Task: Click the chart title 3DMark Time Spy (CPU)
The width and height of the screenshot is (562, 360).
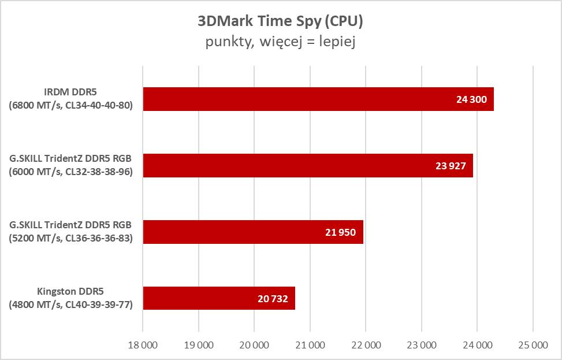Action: [280, 21]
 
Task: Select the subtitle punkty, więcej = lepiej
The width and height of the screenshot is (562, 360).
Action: [280, 42]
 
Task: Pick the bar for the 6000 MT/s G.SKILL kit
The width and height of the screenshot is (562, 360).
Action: [289, 165]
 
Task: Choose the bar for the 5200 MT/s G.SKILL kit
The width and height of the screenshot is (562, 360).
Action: [231, 232]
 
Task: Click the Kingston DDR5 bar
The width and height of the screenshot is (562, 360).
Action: [202, 298]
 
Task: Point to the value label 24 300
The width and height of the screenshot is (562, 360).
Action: [471, 99]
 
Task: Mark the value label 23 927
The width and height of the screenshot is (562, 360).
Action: [451, 166]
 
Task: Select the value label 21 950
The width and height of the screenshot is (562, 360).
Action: [341, 232]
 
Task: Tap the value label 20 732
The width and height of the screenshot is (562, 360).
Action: [273, 299]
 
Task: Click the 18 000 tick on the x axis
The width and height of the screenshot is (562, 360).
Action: [143, 346]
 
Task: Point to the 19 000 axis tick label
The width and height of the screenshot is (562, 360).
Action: [199, 346]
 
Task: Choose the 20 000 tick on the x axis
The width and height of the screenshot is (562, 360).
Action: [254, 346]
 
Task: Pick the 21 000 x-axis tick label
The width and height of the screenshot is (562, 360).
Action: [310, 346]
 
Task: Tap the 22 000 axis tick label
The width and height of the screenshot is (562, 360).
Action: [366, 346]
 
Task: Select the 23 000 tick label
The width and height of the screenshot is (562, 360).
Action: [421, 346]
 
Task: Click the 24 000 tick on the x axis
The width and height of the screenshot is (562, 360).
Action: [477, 346]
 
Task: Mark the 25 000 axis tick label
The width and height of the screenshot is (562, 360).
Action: [533, 346]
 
